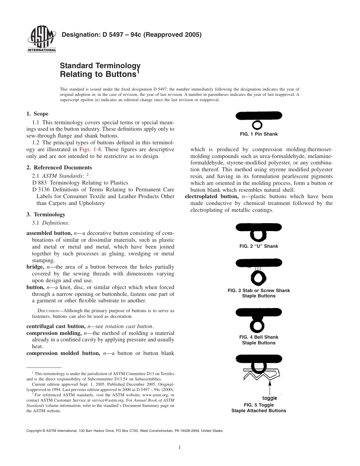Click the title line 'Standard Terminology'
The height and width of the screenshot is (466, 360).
tap(100, 66)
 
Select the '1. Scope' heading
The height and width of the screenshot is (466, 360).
tap(37, 114)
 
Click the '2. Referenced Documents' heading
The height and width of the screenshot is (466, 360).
tap(59, 167)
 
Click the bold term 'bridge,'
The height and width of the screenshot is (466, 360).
tap(35, 267)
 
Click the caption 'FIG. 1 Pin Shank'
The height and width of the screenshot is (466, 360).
tap(258, 134)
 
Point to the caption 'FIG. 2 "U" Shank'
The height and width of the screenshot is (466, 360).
tap(258, 246)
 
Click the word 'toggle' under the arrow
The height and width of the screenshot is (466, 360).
tap(269, 398)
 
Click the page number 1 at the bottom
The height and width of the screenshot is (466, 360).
tap(180, 447)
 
